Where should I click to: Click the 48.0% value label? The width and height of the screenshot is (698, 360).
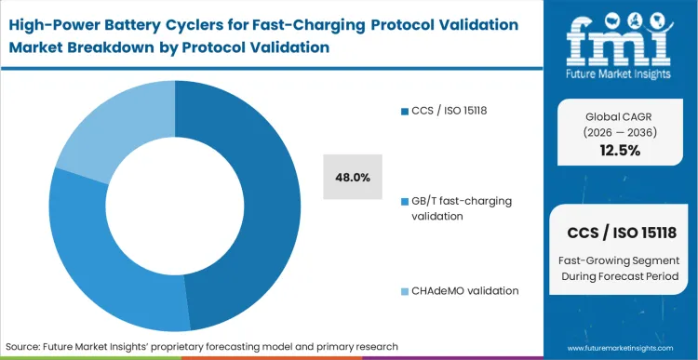point(353,177)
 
